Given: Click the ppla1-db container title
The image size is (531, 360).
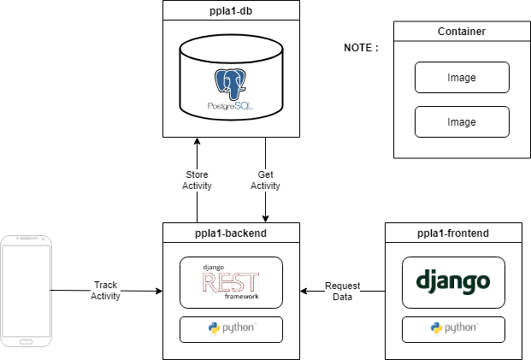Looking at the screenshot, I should [231, 10].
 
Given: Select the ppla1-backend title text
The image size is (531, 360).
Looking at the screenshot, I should [231, 232].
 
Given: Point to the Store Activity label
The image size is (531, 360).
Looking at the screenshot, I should [198, 180].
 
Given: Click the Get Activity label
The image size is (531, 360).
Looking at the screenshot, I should [265, 180].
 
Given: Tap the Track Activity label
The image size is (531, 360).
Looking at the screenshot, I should [105, 290].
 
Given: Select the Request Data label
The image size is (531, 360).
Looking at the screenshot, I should [342, 290].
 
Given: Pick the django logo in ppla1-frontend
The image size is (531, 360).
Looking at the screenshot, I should [453, 281].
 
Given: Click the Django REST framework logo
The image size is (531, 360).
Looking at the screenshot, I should [231, 281].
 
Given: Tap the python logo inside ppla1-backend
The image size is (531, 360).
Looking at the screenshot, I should [231, 328].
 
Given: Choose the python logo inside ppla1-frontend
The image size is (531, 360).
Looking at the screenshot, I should [453, 328].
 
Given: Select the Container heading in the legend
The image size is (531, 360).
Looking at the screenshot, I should [462, 32].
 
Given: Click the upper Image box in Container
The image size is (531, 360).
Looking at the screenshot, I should [462, 77].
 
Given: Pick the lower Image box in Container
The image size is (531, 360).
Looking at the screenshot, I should [462, 121].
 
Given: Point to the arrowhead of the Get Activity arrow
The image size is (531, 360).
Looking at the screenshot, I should [265, 219].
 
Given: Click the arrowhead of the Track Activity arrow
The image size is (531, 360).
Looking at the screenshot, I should [159, 292].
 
